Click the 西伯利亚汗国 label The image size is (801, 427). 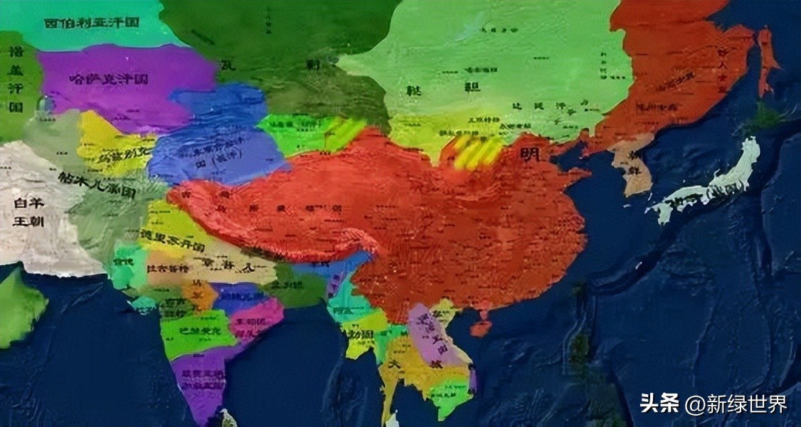[92, 23]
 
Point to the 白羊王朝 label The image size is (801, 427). [28, 211]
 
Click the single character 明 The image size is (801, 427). [529, 154]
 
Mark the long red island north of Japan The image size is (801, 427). [765, 60]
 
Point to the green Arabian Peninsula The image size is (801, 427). [18, 306]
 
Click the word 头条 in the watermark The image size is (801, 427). [659, 404]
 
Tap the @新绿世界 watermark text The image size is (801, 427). [736, 404]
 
